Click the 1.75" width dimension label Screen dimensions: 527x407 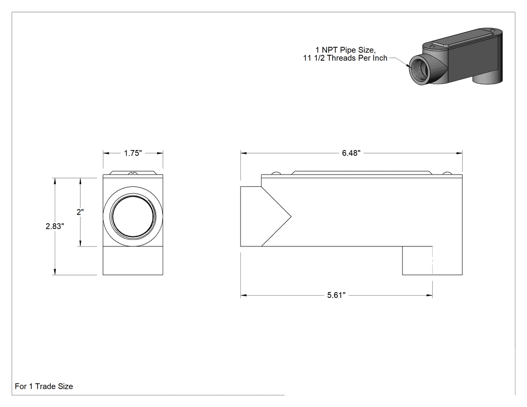point(133,153)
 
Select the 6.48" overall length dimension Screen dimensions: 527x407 point(351,153)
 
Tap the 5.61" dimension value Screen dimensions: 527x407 point(336,295)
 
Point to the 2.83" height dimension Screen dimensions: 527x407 point(55,226)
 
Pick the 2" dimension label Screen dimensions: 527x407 point(80,212)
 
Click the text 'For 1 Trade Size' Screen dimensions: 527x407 point(44,386)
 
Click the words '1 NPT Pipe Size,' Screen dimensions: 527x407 point(345,50)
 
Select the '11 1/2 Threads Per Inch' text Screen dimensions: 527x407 point(345,58)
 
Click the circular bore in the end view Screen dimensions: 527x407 point(133,216)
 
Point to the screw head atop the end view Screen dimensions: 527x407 point(134,173)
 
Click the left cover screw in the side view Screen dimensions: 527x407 point(276,173)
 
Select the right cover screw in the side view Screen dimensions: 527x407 point(447,173)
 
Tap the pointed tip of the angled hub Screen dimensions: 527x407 point(291,216)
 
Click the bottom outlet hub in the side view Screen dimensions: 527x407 point(432,260)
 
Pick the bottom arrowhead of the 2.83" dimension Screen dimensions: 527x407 point(55,272)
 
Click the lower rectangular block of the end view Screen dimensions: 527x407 point(133,260)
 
